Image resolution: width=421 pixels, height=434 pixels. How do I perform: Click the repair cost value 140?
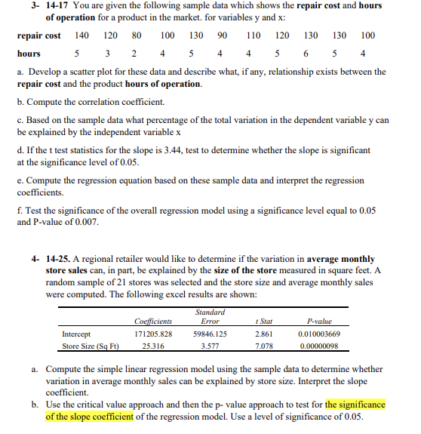[82, 35]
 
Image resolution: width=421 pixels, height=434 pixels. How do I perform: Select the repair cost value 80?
[137, 35]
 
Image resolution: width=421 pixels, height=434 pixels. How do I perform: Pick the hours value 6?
[306, 54]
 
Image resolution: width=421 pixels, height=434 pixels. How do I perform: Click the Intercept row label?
[76, 333]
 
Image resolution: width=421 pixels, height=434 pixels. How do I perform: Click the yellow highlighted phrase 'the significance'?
[355, 405]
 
